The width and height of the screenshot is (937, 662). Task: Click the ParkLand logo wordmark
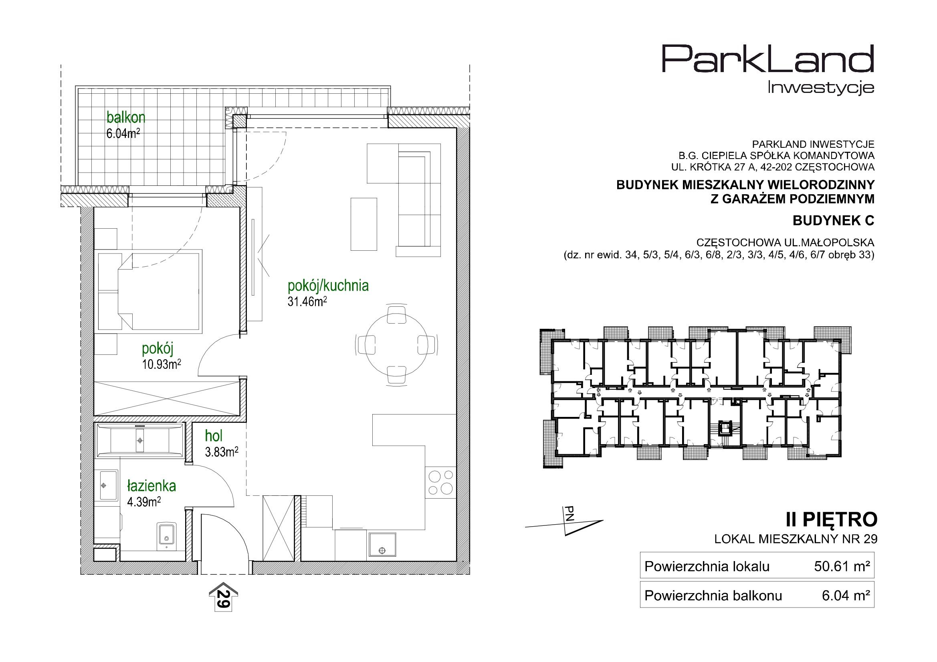point(767,64)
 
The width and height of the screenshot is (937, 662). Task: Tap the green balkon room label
point(126,117)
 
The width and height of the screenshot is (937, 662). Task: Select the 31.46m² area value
point(307,302)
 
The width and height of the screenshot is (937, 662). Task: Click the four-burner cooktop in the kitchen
point(441,482)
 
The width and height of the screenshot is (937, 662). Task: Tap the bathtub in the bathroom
point(139,441)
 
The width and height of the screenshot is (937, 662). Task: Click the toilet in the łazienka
point(166,536)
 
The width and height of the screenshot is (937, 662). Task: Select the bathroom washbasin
point(107,485)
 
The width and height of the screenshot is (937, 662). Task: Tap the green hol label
point(214,436)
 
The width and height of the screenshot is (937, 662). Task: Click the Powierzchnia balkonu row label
point(713,596)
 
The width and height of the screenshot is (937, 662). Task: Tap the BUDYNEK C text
point(833,221)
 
